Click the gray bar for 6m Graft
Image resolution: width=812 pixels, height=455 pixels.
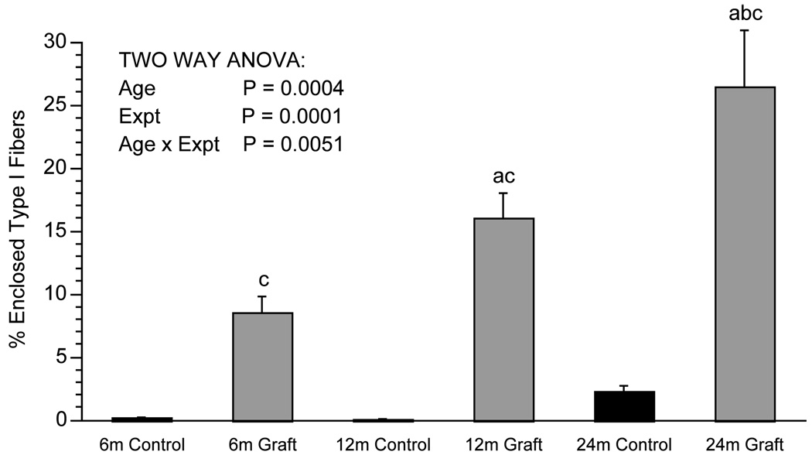[x=262, y=367]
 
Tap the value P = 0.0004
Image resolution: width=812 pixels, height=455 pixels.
[x=293, y=88]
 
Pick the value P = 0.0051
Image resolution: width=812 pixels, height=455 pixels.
[x=293, y=144]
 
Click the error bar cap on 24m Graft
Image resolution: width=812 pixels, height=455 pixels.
[x=745, y=30]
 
